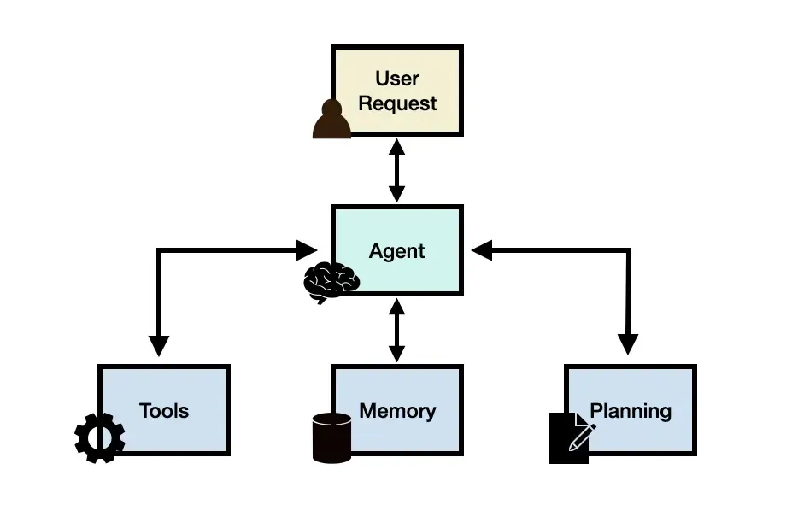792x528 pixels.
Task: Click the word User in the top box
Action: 397,79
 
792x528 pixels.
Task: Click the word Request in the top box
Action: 397,103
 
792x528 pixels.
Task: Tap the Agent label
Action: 396,251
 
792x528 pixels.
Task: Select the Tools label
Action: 164,411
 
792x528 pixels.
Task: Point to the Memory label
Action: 397,411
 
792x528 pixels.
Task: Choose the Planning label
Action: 631,411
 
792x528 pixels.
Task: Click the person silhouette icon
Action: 331,120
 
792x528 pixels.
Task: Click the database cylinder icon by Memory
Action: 331,437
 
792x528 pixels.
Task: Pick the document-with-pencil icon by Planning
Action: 570,437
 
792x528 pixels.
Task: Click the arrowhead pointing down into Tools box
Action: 159,345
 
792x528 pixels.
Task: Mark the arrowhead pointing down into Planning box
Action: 628,344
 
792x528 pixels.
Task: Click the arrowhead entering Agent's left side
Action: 307,250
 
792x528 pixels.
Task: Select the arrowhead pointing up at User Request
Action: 396,146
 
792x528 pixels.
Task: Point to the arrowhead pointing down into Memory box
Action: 396,352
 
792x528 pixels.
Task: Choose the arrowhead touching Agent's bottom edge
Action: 396,306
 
